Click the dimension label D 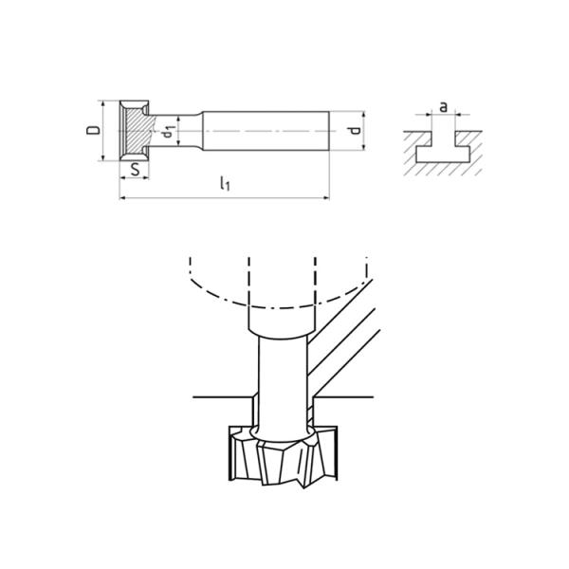point(92,130)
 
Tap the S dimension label point(137,171)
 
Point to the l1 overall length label point(224,184)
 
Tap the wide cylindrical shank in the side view point(266,130)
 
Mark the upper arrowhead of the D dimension point(103,103)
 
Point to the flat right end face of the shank point(328,130)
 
